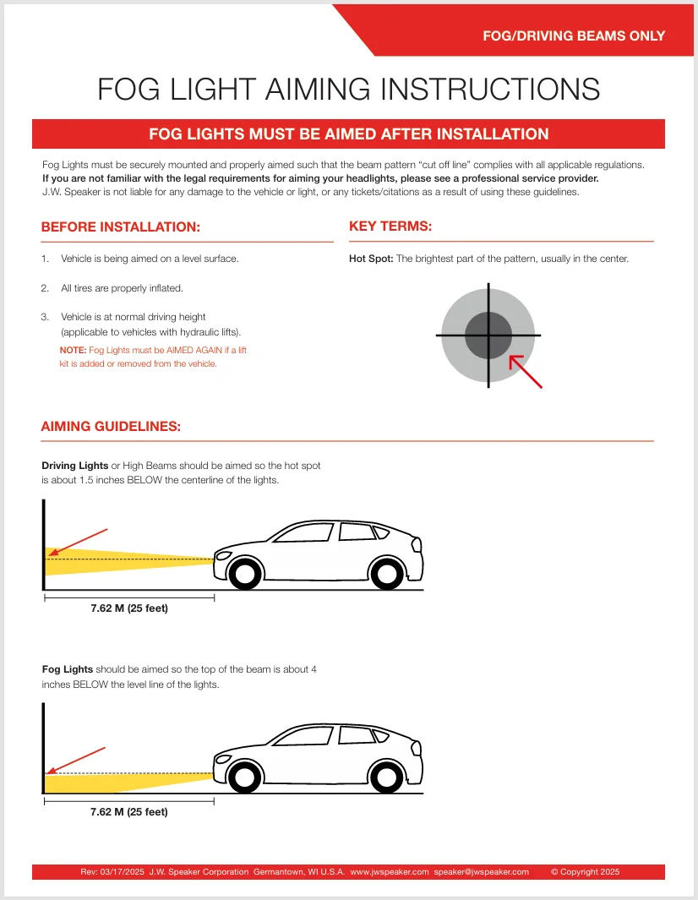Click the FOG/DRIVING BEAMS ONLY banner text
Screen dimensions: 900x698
574,35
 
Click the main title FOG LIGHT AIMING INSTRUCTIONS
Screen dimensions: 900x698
348,89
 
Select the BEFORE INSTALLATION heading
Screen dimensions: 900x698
121,227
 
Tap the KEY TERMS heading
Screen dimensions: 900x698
390,226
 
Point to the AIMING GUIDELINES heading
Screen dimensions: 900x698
111,427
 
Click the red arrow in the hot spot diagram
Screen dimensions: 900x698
525,371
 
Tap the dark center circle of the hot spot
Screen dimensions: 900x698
488,335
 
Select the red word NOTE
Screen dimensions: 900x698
73,350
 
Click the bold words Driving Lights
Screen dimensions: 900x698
75,466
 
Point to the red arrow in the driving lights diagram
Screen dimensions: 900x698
78,542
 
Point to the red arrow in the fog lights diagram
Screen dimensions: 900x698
75,759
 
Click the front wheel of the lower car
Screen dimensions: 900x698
244,777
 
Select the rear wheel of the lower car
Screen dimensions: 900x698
386,777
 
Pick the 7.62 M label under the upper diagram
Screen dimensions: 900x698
129,608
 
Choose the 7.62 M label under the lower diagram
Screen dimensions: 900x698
129,812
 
